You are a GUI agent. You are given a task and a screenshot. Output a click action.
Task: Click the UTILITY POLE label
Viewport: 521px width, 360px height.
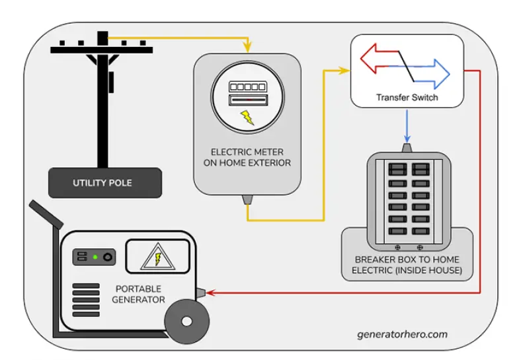click(x=104, y=182)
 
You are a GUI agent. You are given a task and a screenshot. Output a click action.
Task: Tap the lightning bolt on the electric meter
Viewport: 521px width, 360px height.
click(x=247, y=118)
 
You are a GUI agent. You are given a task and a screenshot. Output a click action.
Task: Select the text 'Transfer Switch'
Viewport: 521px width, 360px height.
click(x=407, y=98)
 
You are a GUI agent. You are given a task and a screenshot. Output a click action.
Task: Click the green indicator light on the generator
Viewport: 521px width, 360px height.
click(x=95, y=256)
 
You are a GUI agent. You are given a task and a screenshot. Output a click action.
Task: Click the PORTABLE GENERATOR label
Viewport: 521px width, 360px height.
click(x=140, y=294)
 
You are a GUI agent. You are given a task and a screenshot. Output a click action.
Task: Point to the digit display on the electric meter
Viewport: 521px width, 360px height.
click(x=247, y=87)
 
